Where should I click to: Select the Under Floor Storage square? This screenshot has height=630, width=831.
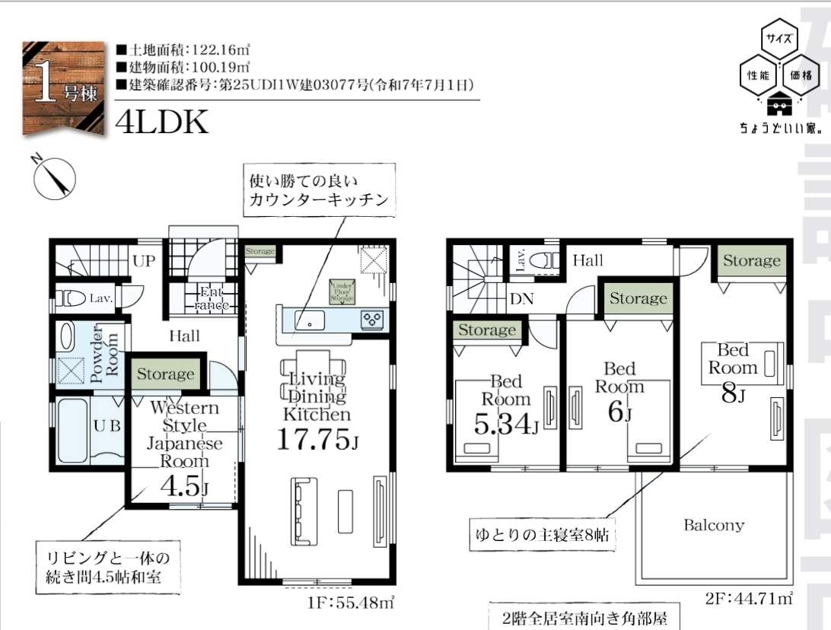tap(342, 292)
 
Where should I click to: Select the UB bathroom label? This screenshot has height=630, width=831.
tap(107, 426)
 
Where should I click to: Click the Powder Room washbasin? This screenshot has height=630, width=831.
tap(67, 337)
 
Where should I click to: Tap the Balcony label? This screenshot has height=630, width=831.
tap(713, 525)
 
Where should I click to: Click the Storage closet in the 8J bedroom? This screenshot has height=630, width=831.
tap(751, 261)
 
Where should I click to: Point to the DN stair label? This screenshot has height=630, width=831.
tap(521, 299)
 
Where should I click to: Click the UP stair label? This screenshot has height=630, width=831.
tap(144, 261)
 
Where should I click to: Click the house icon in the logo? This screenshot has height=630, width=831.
tap(779, 103)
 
